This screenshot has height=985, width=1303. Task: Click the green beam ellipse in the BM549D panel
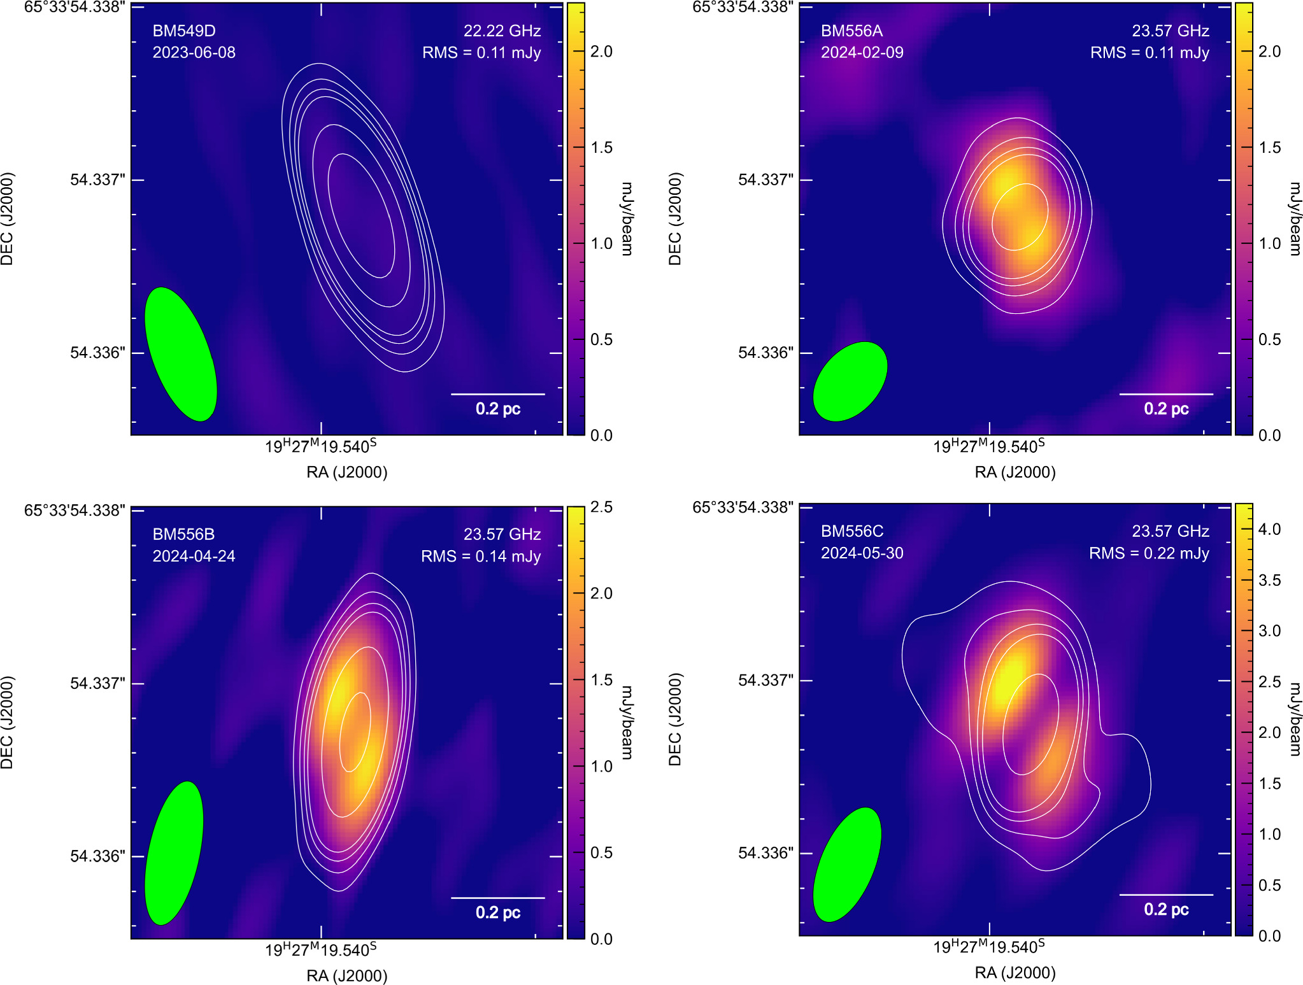click(181, 354)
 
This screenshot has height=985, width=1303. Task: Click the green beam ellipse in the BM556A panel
click(850, 381)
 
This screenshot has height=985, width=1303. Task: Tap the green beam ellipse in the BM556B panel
click(174, 853)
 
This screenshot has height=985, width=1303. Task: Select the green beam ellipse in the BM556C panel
click(847, 864)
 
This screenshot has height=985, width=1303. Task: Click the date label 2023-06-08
click(194, 52)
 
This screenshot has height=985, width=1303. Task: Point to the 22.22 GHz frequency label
click(502, 31)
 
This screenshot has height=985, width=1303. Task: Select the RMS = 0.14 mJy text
click(480, 556)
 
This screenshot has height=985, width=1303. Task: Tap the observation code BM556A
click(851, 31)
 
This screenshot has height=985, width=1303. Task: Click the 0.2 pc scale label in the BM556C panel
click(1165, 909)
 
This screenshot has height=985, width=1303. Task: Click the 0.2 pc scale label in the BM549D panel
click(497, 408)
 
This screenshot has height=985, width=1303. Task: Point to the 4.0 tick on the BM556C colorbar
click(1269, 529)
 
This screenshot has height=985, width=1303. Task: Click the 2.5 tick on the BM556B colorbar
click(601, 507)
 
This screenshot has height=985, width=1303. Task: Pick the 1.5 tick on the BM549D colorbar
click(601, 147)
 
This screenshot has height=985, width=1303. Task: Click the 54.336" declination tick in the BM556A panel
click(765, 352)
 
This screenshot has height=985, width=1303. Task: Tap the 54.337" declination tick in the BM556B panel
click(97, 683)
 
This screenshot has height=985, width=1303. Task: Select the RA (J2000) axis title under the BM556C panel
click(1015, 972)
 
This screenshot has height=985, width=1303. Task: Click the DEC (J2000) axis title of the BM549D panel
click(8, 218)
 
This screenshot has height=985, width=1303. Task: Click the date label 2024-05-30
click(862, 553)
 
